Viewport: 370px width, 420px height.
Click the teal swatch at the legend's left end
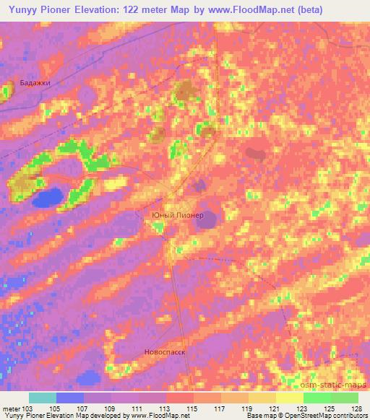pos(43,398)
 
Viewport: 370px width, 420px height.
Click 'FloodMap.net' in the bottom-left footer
pos(155,416)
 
